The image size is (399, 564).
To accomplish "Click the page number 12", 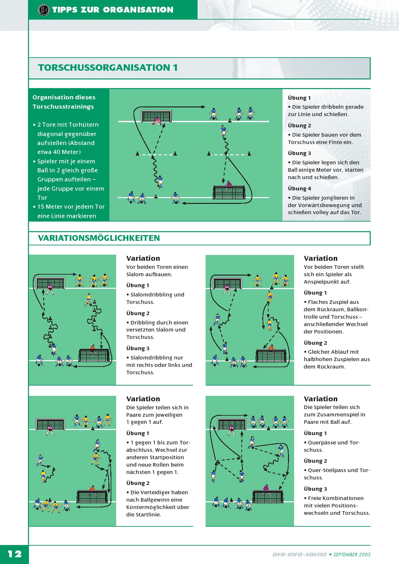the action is [x=15, y=554].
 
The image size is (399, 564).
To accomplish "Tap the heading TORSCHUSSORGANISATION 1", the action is [x=108, y=68].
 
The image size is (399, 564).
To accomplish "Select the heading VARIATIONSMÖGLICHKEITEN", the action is [x=99, y=238].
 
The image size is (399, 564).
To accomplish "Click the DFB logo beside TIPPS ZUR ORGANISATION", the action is [x=44, y=10].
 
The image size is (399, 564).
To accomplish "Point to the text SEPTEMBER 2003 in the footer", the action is [x=352, y=554].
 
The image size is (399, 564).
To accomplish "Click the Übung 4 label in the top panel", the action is [x=299, y=188].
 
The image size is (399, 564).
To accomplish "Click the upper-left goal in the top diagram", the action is [x=156, y=116].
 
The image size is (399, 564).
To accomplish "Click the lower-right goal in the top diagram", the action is [x=229, y=192].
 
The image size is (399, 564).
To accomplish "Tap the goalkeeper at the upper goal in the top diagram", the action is [x=157, y=121].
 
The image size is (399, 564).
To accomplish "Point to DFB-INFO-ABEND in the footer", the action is [x=300, y=554].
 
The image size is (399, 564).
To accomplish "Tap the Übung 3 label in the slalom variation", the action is [x=138, y=348].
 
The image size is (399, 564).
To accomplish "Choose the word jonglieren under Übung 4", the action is [x=333, y=198].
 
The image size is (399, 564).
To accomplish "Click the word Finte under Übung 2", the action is [x=328, y=142].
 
